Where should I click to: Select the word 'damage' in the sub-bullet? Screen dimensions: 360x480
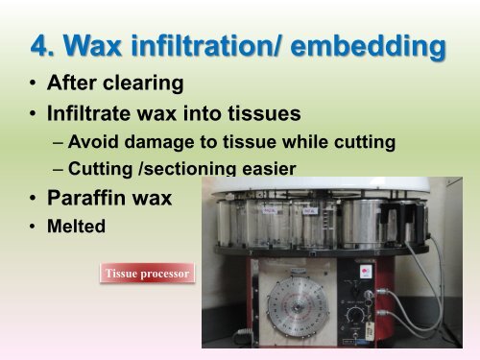click(164, 143)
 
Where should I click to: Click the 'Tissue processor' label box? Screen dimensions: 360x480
click(148, 275)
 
